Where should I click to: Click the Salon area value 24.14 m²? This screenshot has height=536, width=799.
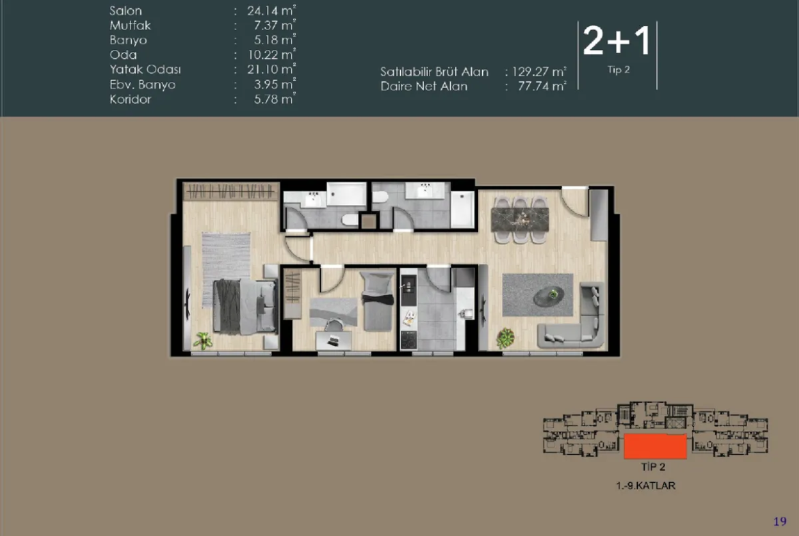pyautogui.click(x=271, y=11)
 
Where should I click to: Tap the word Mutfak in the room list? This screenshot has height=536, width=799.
pyautogui.click(x=130, y=25)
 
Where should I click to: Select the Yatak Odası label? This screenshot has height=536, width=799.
pyautogui.click(x=145, y=69)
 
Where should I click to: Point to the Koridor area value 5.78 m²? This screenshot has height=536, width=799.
pyautogui.click(x=275, y=99)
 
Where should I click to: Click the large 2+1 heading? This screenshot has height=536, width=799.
pyautogui.click(x=617, y=41)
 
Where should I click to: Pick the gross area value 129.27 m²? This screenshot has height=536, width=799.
pyautogui.click(x=539, y=72)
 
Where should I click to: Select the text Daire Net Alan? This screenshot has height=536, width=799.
pyautogui.click(x=424, y=87)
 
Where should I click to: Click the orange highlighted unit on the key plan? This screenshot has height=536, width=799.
pyautogui.click(x=656, y=447)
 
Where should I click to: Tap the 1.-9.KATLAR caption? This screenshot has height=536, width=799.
pyautogui.click(x=645, y=485)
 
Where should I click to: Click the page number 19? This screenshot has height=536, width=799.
pyautogui.click(x=780, y=521)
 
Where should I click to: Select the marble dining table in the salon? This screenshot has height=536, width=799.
pyautogui.click(x=520, y=219)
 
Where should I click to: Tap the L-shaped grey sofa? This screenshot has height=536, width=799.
pyautogui.click(x=576, y=321)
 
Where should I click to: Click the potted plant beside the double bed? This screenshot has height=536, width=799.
pyautogui.click(x=203, y=340)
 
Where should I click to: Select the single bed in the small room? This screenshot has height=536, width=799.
pyautogui.click(x=378, y=302)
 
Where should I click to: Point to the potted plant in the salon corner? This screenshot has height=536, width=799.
pyautogui.click(x=505, y=338)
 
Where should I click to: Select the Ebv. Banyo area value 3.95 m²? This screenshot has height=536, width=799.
pyautogui.click(x=275, y=84)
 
